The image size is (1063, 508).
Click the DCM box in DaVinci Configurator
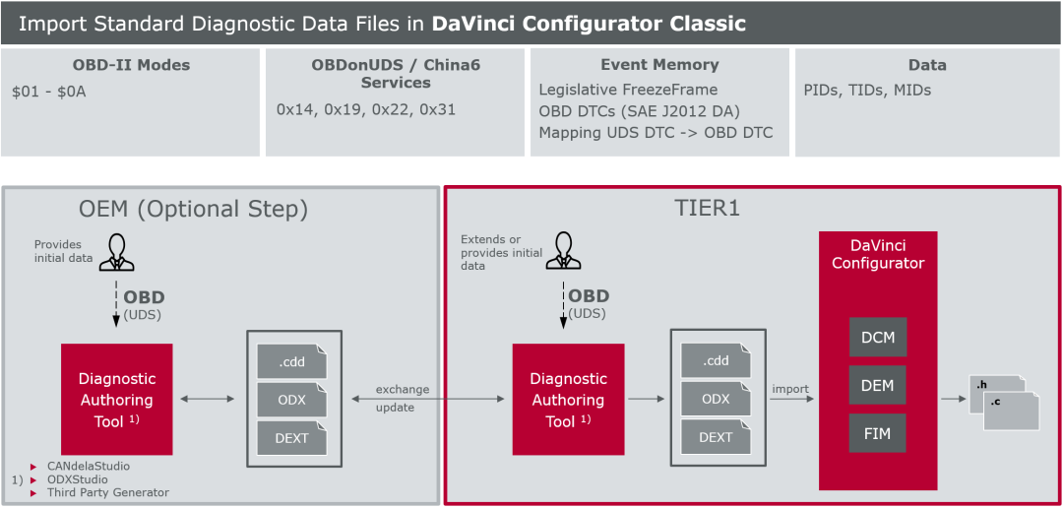pyautogui.click(x=878, y=337)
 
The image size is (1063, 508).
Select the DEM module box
pyautogui.click(x=878, y=385)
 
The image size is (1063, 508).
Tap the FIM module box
pyautogui.click(x=878, y=433)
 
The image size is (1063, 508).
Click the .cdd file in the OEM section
pyautogui.click(x=291, y=360)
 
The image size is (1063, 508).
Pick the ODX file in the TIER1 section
pyautogui.click(x=716, y=399)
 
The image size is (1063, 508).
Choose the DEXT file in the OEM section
pyautogui.click(x=291, y=437)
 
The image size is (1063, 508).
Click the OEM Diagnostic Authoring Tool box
pyautogui.click(x=116, y=399)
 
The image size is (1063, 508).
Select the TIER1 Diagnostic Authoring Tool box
pyautogui.click(x=568, y=399)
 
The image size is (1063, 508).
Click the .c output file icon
pyautogui.click(x=1012, y=408)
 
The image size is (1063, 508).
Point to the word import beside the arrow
pyautogui.click(x=790, y=389)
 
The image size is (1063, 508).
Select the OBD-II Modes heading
pyautogui.click(x=131, y=65)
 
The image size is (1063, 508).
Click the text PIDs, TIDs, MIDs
pyautogui.click(x=867, y=91)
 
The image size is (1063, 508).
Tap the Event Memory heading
pyautogui.click(x=659, y=65)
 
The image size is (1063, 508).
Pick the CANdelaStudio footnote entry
pyautogui.click(x=89, y=466)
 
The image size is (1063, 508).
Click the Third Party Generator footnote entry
pyautogui.click(x=108, y=492)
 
